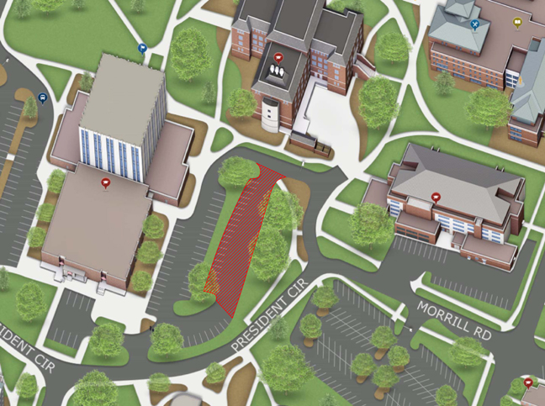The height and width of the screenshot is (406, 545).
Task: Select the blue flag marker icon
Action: tap(142, 49)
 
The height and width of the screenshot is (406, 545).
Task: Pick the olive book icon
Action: tap(516, 24)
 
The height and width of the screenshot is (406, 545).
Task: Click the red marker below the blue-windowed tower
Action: tap(105, 182)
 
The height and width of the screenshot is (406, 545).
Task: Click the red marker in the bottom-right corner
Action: tap(527, 382)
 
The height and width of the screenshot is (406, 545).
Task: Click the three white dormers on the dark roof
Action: tap(278, 74)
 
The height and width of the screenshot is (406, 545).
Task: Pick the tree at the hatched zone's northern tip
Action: tap(238, 171)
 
